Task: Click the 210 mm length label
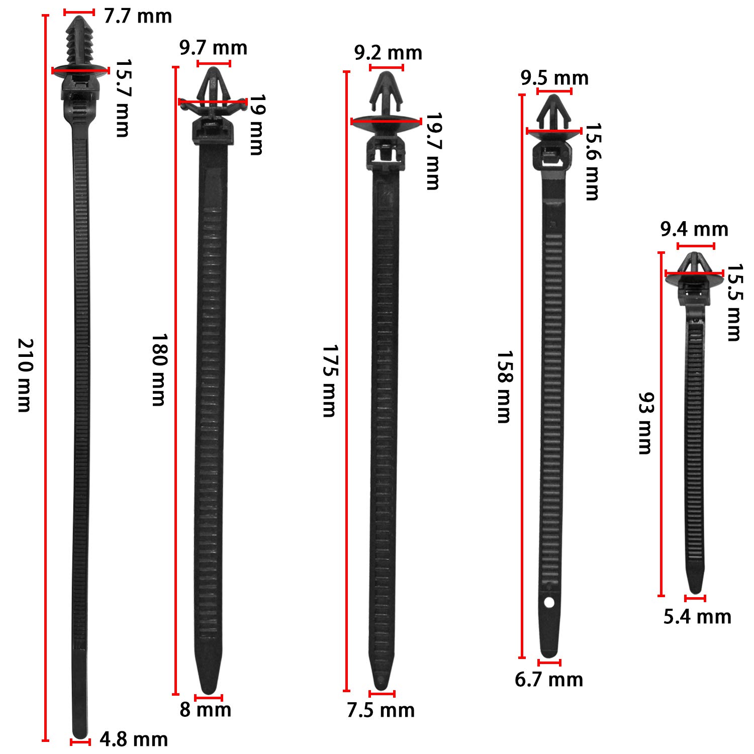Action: pyautogui.click(x=25, y=375)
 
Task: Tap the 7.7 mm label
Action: pyautogui.click(x=138, y=16)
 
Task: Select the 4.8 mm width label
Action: pyautogui.click(x=134, y=739)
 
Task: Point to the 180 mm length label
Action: pyautogui.click(x=159, y=369)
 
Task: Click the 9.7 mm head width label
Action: pyautogui.click(x=213, y=48)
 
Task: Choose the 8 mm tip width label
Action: pyautogui.click(x=206, y=710)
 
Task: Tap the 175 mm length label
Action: pyautogui.click(x=329, y=381)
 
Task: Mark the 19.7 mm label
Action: pyautogui.click(x=432, y=151)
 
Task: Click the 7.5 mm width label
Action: pyautogui.click(x=381, y=710)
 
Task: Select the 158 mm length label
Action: pyautogui.click(x=504, y=387)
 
